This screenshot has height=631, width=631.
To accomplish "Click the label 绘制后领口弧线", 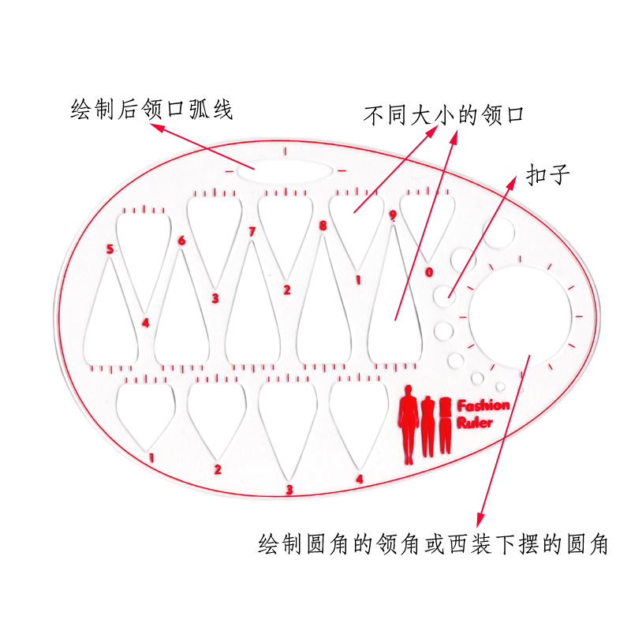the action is tap(151, 108).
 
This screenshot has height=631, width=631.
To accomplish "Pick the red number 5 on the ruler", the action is tap(110, 249).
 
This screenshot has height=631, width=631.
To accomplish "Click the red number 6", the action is tap(181, 241).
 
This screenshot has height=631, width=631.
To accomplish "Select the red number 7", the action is tap(252, 232).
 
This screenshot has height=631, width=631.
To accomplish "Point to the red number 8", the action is tap(323, 226).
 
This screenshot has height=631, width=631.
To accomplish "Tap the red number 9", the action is tap(392, 215).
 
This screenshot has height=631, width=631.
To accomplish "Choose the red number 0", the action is tap(429, 272).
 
